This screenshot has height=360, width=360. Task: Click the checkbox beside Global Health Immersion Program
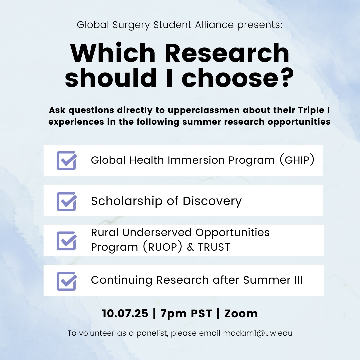coord(67,160)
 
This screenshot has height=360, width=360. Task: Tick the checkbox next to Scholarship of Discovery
coord(67,201)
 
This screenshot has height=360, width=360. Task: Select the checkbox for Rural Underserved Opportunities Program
coord(67,241)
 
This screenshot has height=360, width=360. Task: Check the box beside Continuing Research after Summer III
coord(67,281)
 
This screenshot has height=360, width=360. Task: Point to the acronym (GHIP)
coord(297,160)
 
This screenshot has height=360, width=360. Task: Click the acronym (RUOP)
coord(163,247)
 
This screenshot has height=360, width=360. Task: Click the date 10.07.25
coord(125,313)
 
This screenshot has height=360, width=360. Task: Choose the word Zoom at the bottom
coord(241,314)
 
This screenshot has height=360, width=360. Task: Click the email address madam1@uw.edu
coord(258,333)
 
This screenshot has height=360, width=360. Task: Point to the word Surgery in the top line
coord(131,25)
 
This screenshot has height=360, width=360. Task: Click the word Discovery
coord(212,201)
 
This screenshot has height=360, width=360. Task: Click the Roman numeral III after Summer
coord(299,280)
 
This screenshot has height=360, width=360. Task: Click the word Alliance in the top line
coord(214,25)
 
